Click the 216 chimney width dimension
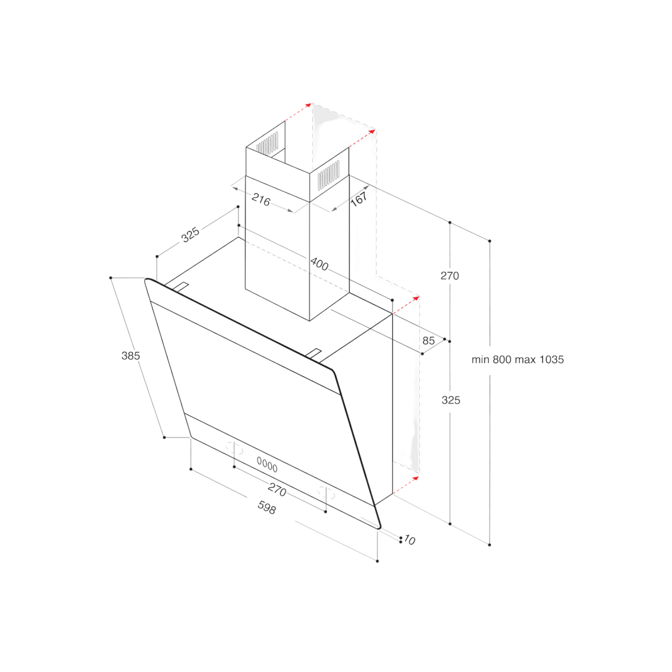tap(260, 199)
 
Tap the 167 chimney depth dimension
tap(358, 199)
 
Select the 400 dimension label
tap(319, 264)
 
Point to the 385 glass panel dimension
tap(130, 356)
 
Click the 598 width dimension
tap(267, 507)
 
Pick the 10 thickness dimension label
tap(409, 540)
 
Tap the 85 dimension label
tap(428, 340)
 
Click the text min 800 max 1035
tap(517, 360)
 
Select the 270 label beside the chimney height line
tap(450, 276)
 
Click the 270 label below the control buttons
tap(277, 489)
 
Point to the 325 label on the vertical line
tap(451, 400)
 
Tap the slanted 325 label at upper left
tap(190, 234)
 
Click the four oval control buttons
tap(267, 464)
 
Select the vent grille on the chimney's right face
tap(328, 175)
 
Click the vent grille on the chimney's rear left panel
tap(268, 143)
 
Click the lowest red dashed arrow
tap(406, 485)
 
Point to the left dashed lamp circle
tap(234, 448)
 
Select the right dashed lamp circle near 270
tap(326, 492)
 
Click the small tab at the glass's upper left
tap(180, 287)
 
